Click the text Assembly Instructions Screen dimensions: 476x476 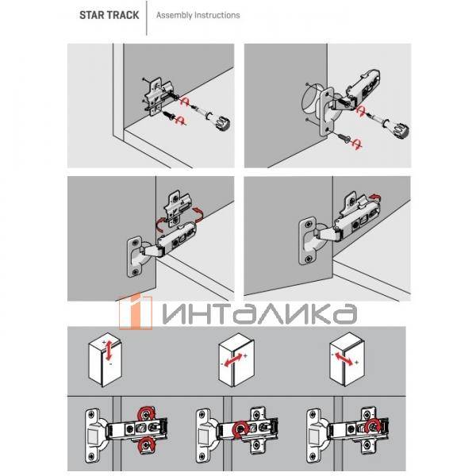click(x=198, y=15)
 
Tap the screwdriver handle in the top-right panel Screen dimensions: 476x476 click(x=398, y=127)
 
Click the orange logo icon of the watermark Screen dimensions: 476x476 click(x=135, y=313)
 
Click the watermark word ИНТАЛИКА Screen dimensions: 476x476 click(x=258, y=313)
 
